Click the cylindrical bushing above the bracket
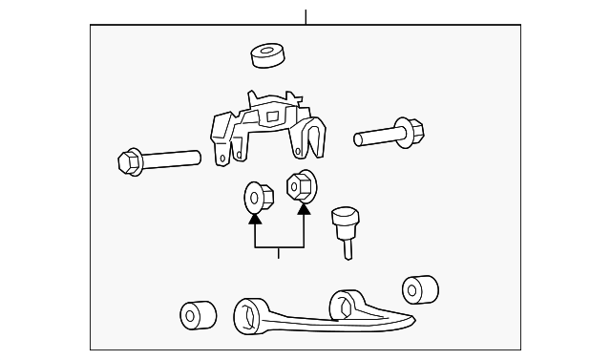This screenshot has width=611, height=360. (269, 55)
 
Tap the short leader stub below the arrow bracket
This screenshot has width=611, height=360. (279, 253)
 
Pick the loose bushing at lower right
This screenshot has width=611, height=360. (419, 289)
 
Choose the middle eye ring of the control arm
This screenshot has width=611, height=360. (341, 305)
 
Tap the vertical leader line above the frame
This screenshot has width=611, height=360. (305, 17)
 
